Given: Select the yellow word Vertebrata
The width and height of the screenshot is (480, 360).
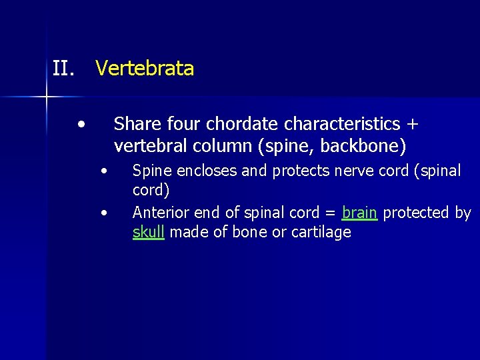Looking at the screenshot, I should [145, 69].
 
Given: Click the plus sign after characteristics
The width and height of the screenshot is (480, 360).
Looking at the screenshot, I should [413, 125].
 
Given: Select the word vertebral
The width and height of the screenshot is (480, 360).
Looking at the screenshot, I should [147, 145].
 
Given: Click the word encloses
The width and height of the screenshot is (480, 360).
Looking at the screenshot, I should [204, 171].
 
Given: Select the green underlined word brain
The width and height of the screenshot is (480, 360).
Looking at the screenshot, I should [359, 213].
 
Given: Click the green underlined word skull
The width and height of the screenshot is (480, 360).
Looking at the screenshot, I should [148, 232].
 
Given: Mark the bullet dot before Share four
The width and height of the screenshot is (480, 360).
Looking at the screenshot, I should [81, 124].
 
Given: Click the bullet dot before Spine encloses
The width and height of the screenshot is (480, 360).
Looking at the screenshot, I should [104, 171].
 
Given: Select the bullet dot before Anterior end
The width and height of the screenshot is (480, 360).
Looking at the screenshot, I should [104, 213].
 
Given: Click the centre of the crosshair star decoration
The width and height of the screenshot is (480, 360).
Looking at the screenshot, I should [47, 97].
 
